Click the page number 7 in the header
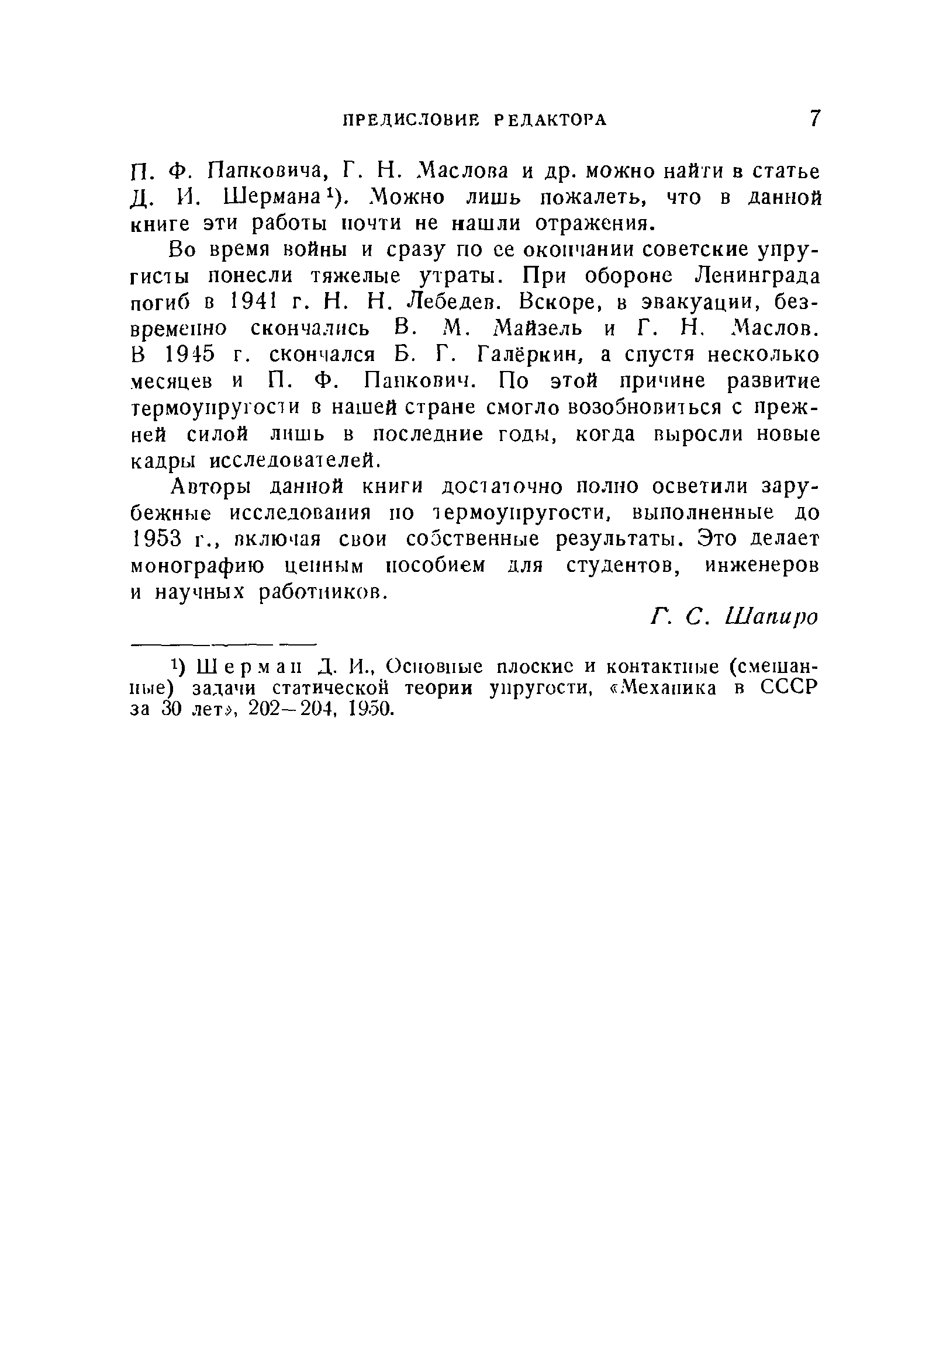point(814,118)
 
